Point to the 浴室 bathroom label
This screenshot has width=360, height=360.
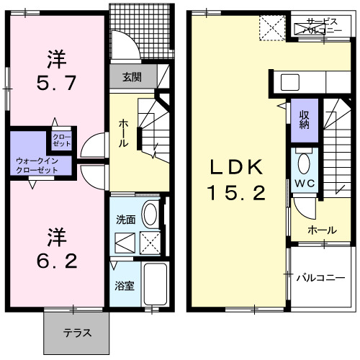[123, 285]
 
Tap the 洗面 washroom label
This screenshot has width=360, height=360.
[125, 217]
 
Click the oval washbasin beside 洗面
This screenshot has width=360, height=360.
[150, 214]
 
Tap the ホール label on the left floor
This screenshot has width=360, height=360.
[123, 133]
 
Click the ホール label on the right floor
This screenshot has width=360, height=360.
[321, 230]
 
